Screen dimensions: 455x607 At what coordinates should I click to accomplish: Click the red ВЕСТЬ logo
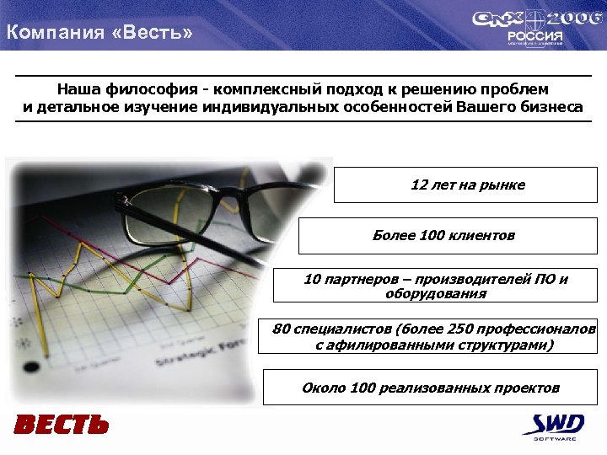coord(61,425)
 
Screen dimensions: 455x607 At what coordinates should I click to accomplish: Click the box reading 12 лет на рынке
coord(465,185)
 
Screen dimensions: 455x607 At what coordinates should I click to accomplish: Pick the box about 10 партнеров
coord(435,286)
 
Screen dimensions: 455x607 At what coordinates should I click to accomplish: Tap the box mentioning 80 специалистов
coord(433,336)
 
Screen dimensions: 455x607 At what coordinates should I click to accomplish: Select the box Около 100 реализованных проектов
coord(430,388)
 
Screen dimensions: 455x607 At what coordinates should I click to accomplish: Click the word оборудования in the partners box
coord(436,294)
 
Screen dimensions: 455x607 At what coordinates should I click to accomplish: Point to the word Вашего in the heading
coord(484,107)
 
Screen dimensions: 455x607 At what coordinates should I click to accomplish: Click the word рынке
coord(506,185)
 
